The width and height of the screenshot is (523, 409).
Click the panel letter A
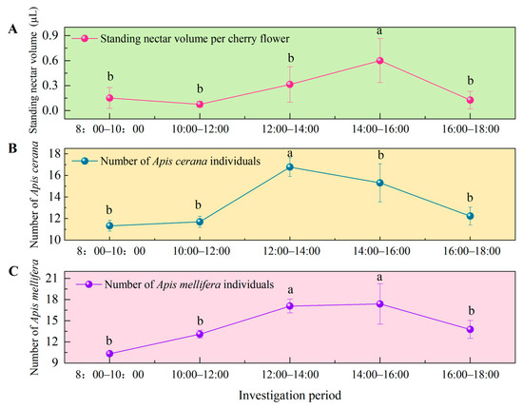pyautogui.click(x=12, y=29)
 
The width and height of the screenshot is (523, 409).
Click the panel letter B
pyautogui.click(x=12, y=148)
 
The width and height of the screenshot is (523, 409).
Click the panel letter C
pyautogui.click(x=13, y=271)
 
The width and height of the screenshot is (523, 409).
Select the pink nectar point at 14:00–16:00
pyautogui.click(x=379, y=60)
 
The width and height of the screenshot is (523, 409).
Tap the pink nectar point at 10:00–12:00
pyautogui.click(x=200, y=104)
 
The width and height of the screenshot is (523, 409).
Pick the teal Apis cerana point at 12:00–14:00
pyautogui.click(x=289, y=166)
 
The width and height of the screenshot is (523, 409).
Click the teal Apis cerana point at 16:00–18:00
pyautogui.click(x=470, y=216)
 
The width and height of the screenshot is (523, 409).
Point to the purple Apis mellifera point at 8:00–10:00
pyautogui.click(x=109, y=354)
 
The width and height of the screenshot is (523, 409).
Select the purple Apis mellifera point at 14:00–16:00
pyautogui.click(x=379, y=304)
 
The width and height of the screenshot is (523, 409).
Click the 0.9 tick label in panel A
pyautogui.click(x=50, y=35)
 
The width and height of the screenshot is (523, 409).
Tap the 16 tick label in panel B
pyautogui.click(x=53, y=175)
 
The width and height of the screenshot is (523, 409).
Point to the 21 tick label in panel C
pyautogui.click(x=53, y=279)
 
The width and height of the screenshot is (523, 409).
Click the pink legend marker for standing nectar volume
pyautogui.click(x=85, y=38)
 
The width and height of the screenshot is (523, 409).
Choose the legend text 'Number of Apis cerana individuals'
pyautogui.click(x=181, y=161)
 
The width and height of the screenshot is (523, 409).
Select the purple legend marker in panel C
pyautogui.click(x=88, y=284)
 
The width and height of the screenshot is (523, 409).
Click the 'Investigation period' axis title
pyautogui.click(x=290, y=396)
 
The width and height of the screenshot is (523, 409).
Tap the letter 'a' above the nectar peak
pyautogui.click(x=379, y=31)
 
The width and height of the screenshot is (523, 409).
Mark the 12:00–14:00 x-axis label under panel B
pyautogui.click(x=292, y=251)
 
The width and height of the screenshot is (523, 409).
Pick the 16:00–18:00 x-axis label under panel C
pyautogui.click(x=471, y=375)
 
